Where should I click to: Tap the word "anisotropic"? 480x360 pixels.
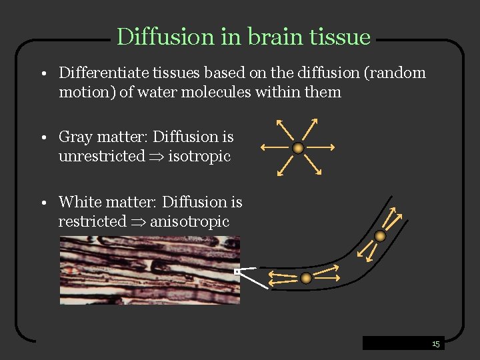189,221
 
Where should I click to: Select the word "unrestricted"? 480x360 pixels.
101,157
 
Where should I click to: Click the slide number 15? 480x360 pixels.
435,344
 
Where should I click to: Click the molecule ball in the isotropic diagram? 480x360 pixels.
299,147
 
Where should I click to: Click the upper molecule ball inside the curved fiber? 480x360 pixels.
380,235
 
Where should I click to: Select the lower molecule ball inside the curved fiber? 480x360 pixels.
305,278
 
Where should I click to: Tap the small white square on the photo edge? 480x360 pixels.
237,272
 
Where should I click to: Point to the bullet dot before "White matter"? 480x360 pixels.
42,203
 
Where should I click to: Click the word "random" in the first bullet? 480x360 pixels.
397,73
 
